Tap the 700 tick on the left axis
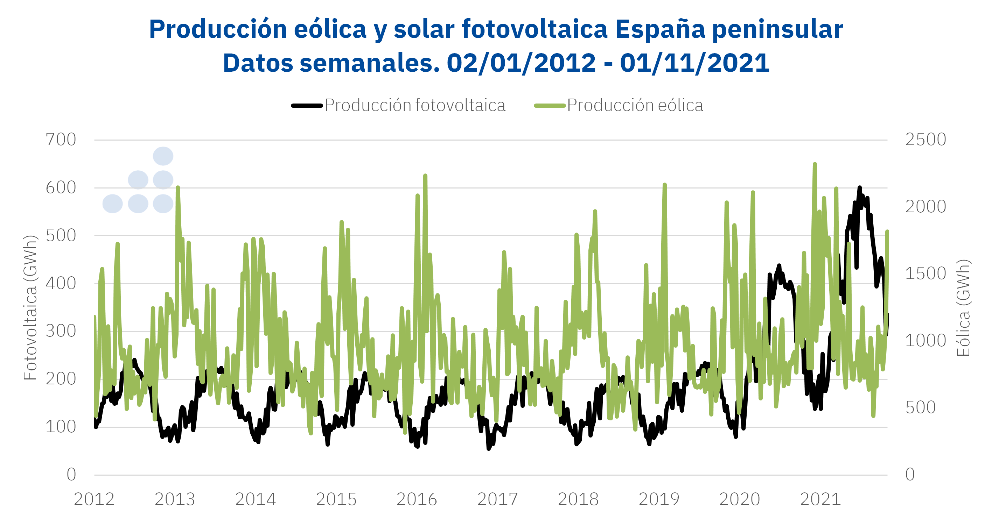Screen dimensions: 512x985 [61, 140]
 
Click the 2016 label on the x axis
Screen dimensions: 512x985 [417, 499]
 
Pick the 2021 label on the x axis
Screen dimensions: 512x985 [820, 499]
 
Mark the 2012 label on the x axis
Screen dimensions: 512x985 [94, 499]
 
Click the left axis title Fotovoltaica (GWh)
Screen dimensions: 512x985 [30, 307]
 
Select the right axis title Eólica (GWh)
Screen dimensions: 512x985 [963, 307]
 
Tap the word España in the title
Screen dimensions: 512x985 [660, 29]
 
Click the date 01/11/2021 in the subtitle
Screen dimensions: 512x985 [694, 63]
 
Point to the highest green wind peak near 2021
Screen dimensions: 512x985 [815, 164]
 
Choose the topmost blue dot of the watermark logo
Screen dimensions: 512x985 [163, 156]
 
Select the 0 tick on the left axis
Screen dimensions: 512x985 [71, 475]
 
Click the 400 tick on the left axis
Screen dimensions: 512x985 [61, 283]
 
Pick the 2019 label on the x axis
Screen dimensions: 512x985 [659, 499]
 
